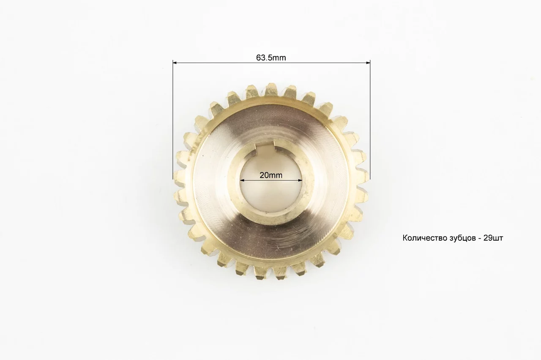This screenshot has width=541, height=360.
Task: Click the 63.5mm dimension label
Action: [271, 58]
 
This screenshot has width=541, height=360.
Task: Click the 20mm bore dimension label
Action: [271, 175]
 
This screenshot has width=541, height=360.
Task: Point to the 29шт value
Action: [493, 238]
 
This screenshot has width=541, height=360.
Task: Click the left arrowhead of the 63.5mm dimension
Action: [175, 63]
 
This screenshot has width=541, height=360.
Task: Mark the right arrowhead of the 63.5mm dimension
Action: [368, 63]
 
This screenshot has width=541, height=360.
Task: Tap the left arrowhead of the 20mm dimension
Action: [242, 180]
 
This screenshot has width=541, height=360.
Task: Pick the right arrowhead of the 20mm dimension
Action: [300, 180]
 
